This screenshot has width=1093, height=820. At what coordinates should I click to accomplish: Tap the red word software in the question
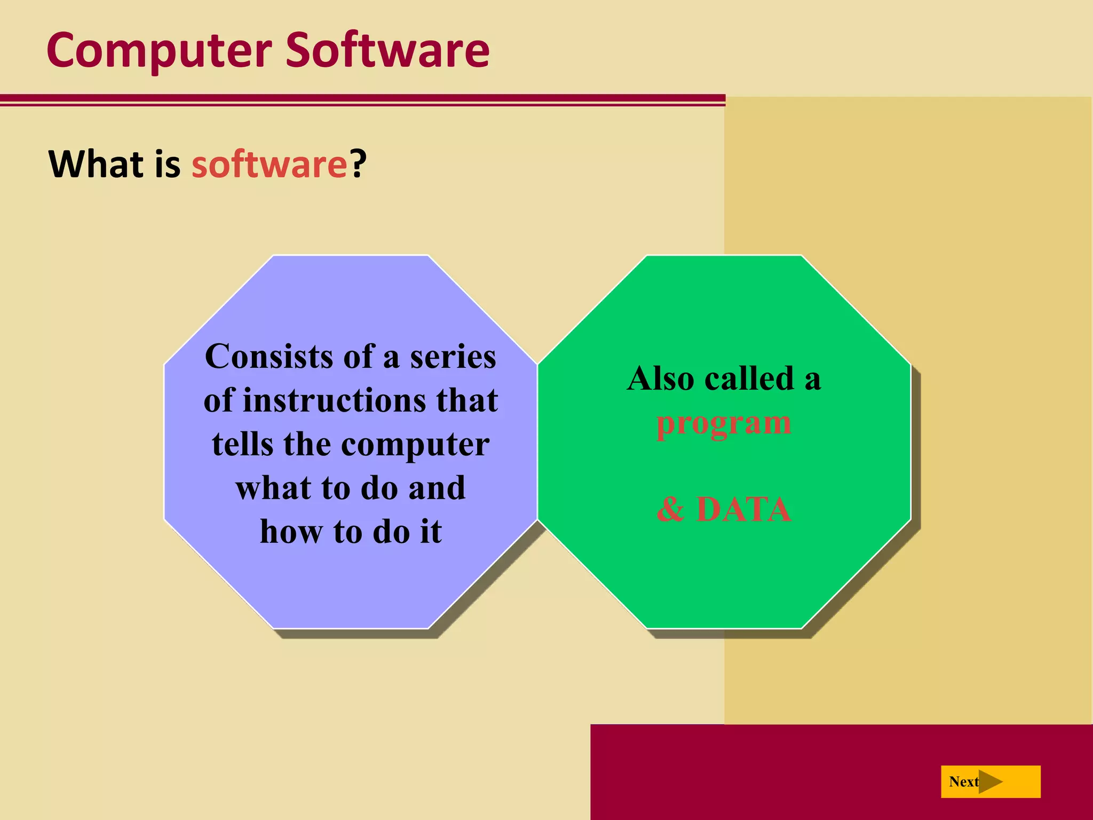tap(270, 164)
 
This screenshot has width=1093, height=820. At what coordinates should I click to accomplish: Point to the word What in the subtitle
tap(96, 164)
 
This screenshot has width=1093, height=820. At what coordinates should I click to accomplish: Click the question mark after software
tap(359, 164)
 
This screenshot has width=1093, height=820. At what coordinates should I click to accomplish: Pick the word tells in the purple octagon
tap(242, 444)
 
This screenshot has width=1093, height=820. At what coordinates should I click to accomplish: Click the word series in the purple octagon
tap(453, 357)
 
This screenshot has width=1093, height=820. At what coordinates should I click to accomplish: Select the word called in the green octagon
tap(749, 379)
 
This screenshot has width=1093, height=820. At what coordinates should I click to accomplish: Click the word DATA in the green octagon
tap(743, 509)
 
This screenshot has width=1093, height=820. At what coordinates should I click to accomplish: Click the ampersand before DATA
tap(670, 509)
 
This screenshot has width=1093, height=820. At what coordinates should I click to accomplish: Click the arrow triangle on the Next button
tap(990, 782)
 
